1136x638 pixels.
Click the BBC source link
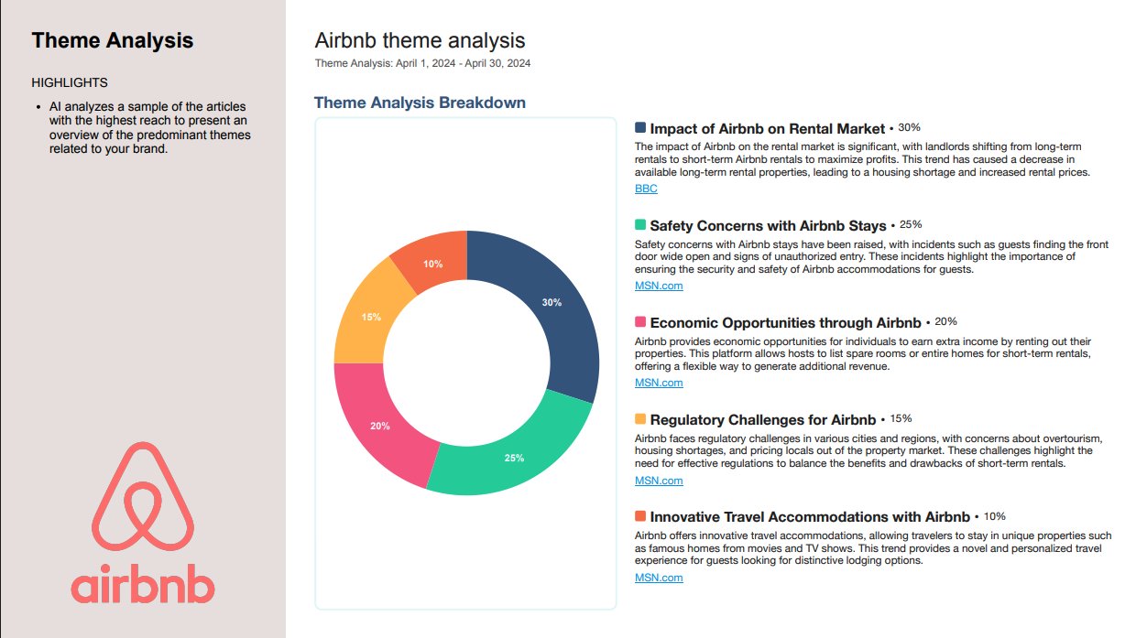tap(646, 189)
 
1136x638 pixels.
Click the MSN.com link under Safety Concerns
tap(659, 286)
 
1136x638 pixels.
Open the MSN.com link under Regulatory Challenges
tap(659, 481)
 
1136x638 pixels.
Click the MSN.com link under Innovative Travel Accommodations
tap(659, 578)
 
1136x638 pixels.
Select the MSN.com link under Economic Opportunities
tap(659, 384)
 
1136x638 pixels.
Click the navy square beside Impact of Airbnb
tap(640, 127)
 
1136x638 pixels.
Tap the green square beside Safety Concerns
tap(640, 224)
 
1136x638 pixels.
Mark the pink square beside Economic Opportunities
tap(640, 322)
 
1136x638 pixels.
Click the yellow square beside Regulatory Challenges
tap(640, 419)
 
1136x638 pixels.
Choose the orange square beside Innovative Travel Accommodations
tap(640, 516)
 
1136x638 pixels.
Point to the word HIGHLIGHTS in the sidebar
tap(70, 82)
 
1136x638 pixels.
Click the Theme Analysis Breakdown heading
tap(420, 103)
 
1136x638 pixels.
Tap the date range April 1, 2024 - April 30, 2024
tap(463, 63)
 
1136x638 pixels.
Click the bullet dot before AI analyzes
tap(38, 107)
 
